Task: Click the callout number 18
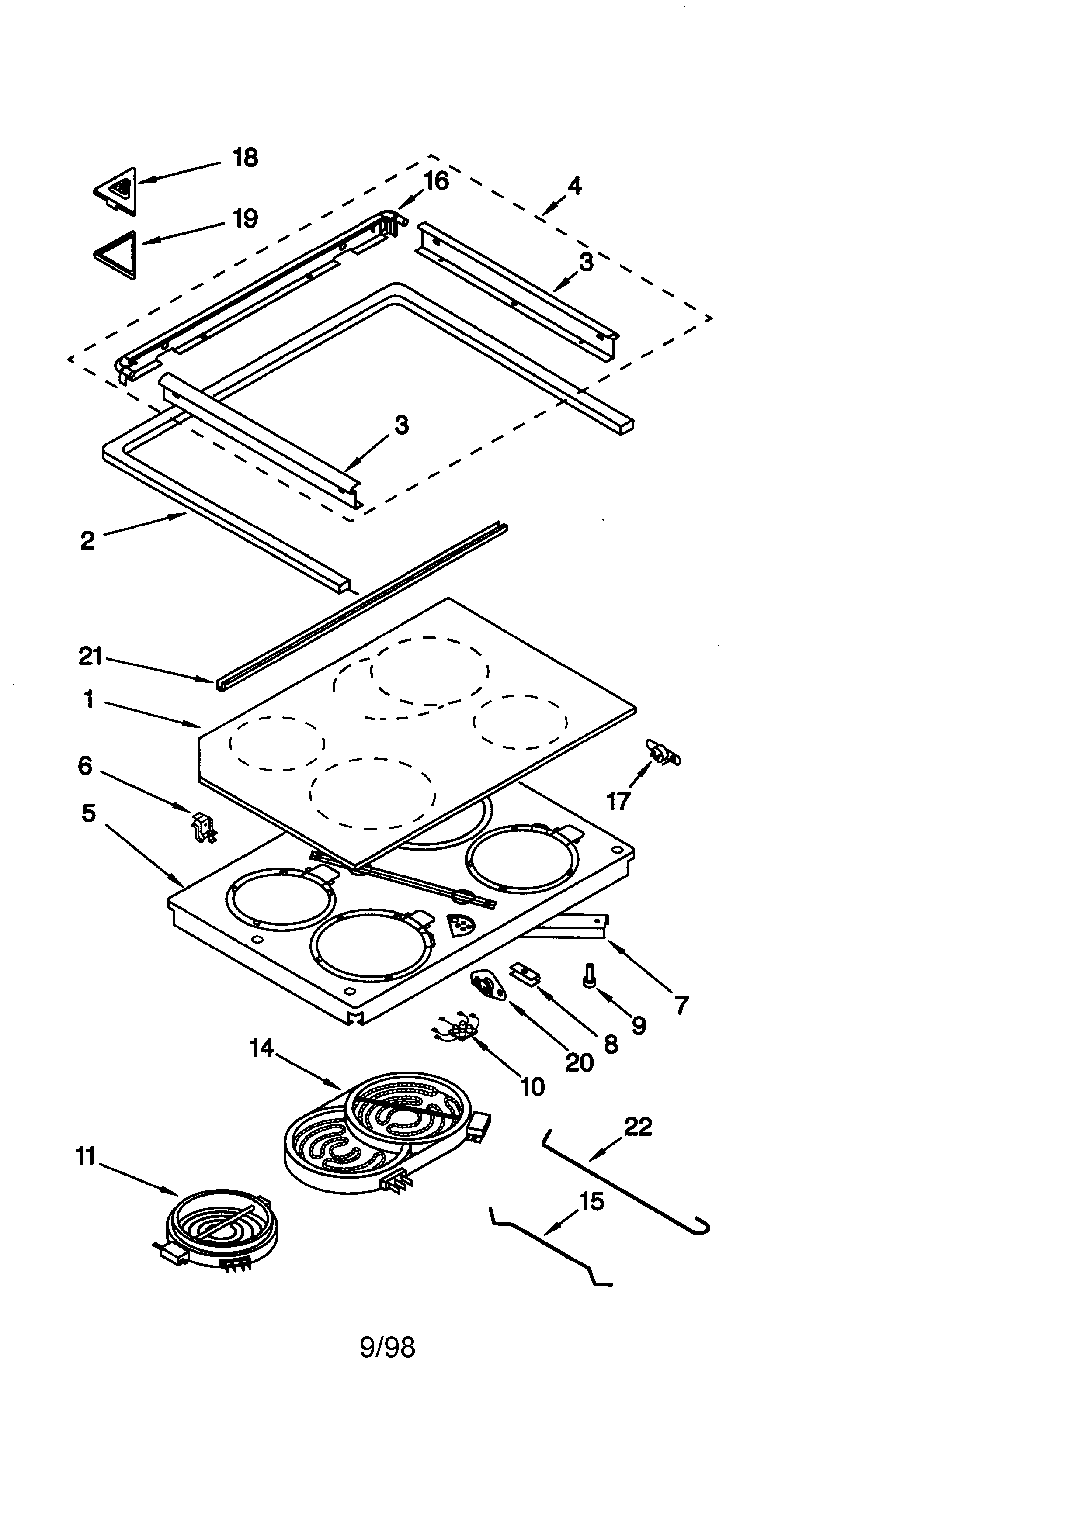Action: [x=245, y=158]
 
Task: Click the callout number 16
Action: [x=437, y=181]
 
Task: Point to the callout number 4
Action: [x=574, y=186]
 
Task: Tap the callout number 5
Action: [x=89, y=813]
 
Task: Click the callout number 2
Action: [x=87, y=541]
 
